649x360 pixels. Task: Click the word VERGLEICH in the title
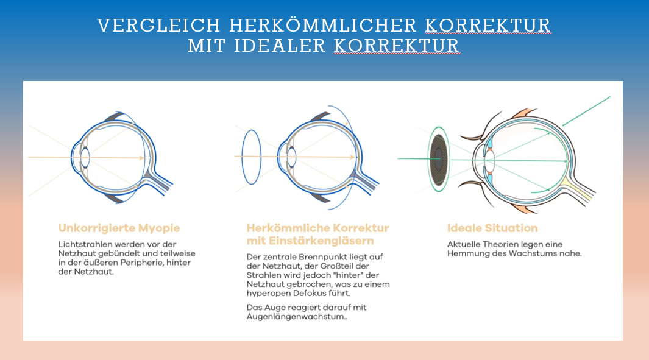point(159,26)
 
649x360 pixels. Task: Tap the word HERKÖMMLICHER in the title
point(323,26)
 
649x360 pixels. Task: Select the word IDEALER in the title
point(280,46)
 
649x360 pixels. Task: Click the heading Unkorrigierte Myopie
point(119,228)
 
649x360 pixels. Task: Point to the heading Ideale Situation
point(492,228)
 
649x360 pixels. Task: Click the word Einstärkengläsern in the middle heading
point(321,241)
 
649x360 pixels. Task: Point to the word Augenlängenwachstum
point(296,317)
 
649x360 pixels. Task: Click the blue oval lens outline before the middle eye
point(242,157)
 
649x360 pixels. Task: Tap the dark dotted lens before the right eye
point(438,160)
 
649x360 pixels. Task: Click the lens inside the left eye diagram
point(85,158)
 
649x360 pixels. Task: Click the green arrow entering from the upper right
point(586,111)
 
